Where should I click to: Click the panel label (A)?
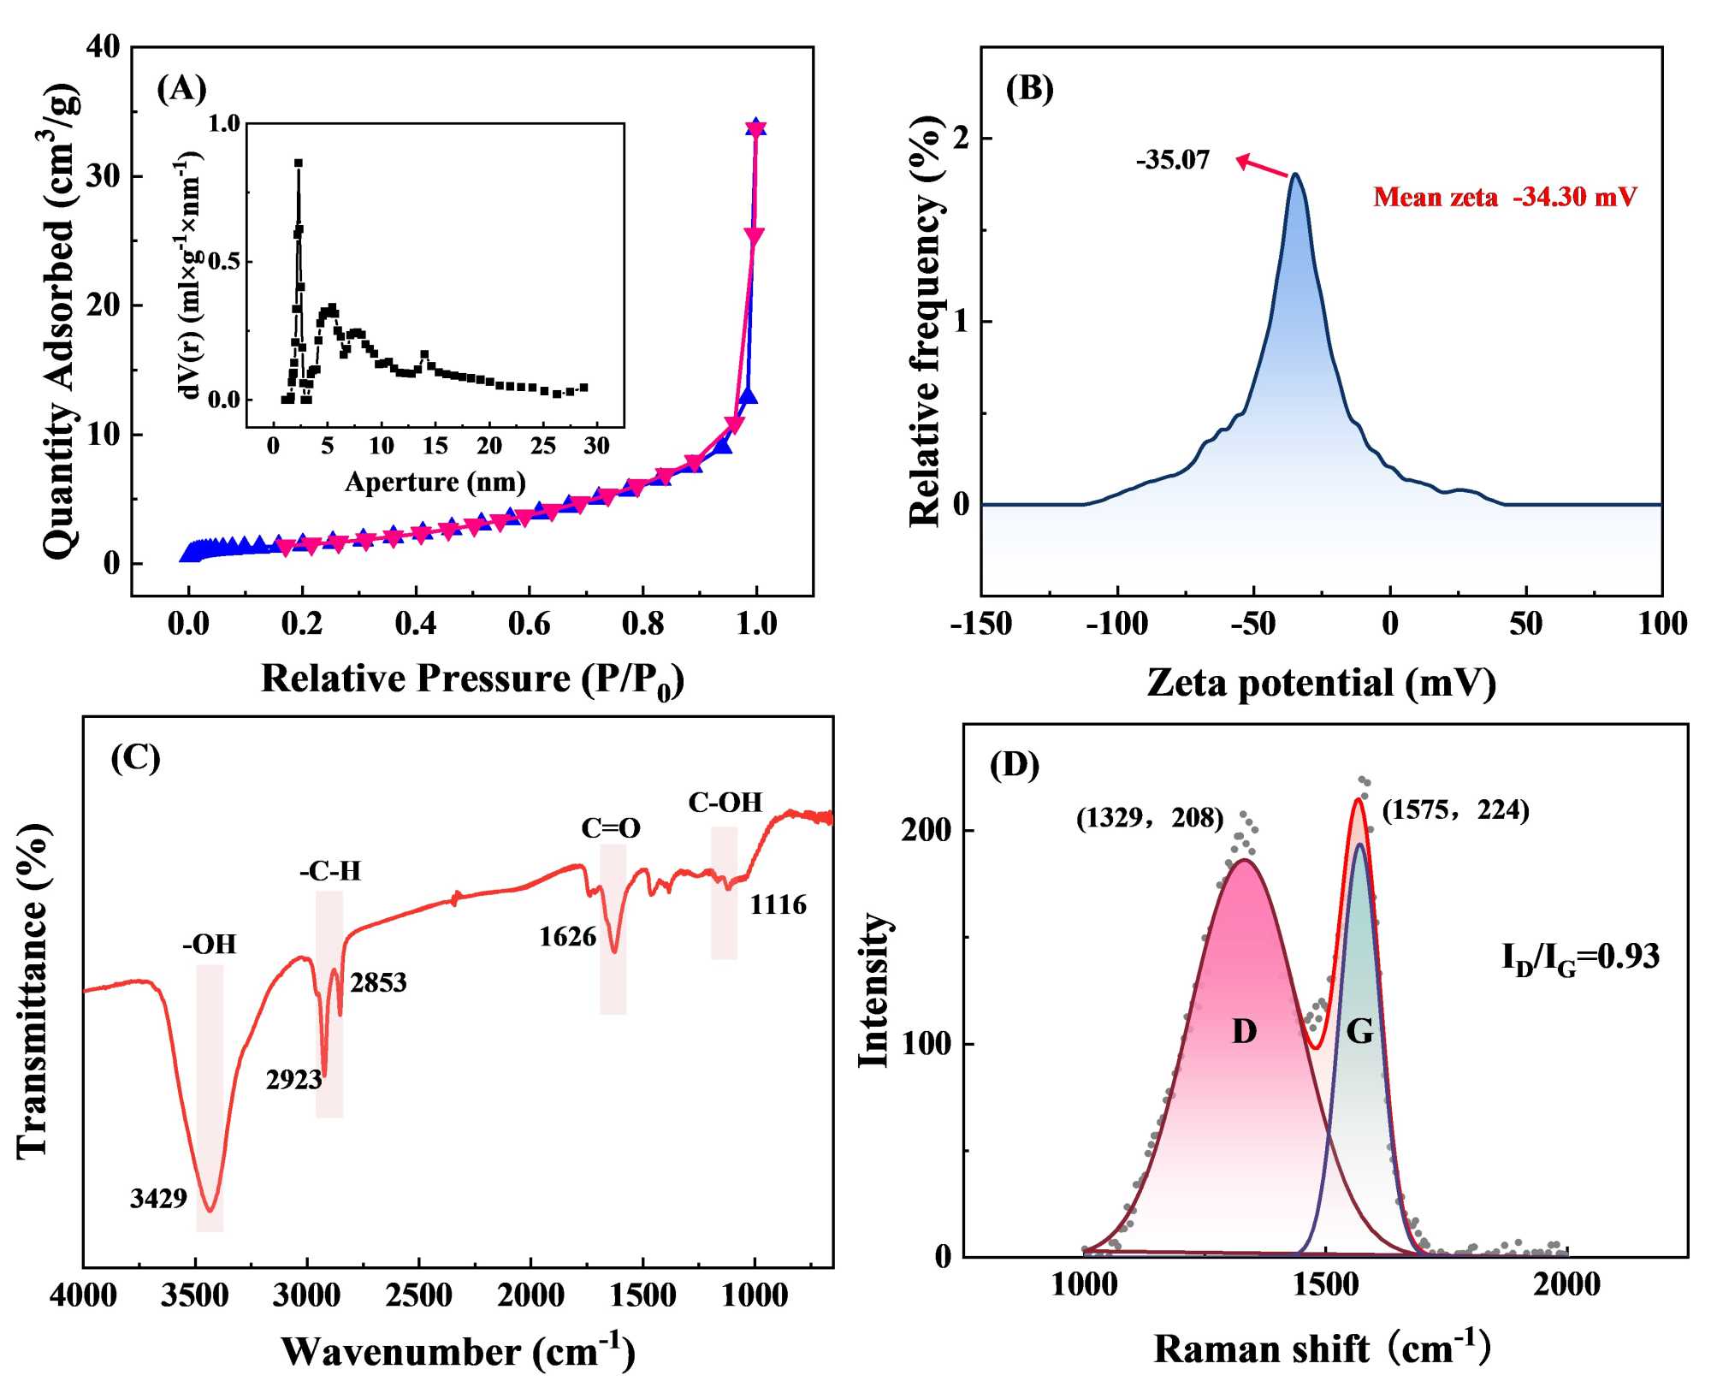pos(181,89)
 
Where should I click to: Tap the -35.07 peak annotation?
pos(1173,161)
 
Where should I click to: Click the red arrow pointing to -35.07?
pos(1263,166)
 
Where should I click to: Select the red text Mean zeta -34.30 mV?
pos(1505,198)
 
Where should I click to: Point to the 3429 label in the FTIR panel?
pos(158,1199)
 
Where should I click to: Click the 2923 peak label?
pos(293,1080)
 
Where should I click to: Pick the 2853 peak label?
pos(378,982)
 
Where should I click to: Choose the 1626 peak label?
pos(567,937)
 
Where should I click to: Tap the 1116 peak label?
pos(778,904)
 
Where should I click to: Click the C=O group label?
pos(611,828)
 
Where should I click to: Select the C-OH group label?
pos(725,803)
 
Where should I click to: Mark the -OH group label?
pos(209,945)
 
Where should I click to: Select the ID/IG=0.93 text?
pos(1580,957)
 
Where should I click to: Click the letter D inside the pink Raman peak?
pos(1244,1032)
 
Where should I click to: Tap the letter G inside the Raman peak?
pos(1359,1032)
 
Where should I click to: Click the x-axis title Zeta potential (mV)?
pos(1321,683)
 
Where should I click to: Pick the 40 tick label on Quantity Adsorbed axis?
pos(104,47)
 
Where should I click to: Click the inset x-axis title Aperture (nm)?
pos(435,483)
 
